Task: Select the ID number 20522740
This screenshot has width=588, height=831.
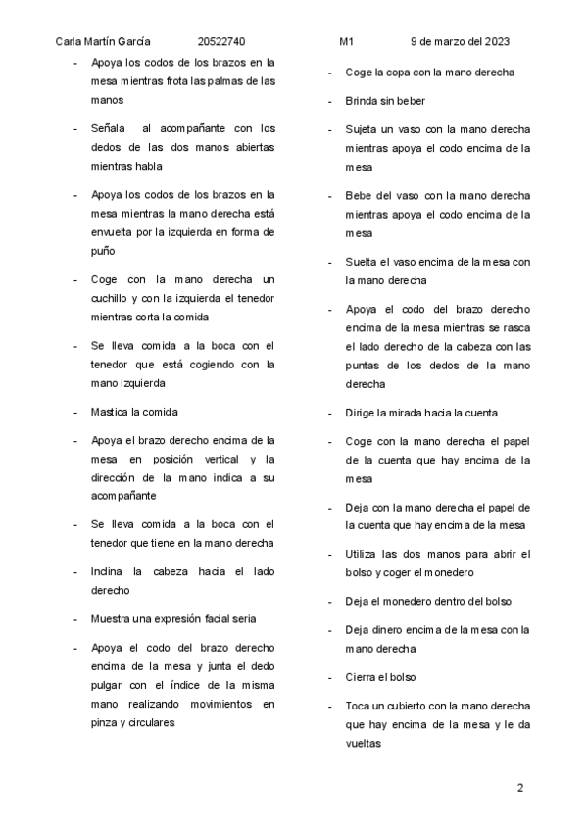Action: point(220,42)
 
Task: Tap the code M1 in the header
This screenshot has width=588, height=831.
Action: point(346,42)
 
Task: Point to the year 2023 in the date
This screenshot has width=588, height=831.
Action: point(496,42)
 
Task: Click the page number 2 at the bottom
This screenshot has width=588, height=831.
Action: point(520,788)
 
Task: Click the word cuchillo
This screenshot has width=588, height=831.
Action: point(109,298)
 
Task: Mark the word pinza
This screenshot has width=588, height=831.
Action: point(106,722)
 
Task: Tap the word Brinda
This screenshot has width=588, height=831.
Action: point(363,101)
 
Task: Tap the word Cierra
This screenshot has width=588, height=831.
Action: point(362,676)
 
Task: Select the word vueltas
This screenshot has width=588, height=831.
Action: point(364,743)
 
